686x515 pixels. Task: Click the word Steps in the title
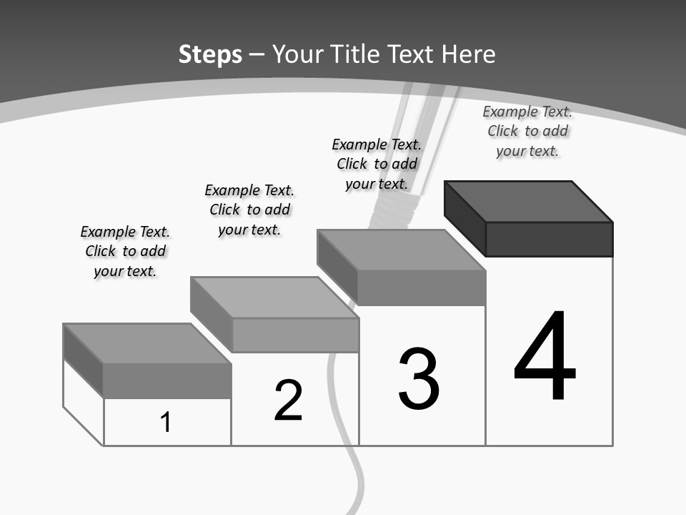click(210, 54)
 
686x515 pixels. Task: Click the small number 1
click(166, 422)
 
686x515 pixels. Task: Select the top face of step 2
click(274, 298)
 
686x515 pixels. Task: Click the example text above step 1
click(125, 251)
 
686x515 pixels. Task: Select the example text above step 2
click(249, 210)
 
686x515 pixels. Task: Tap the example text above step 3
click(377, 164)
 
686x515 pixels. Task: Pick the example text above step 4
click(527, 131)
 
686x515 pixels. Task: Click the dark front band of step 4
click(549, 239)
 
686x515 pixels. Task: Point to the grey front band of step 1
click(166, 381)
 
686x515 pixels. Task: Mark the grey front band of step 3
click(422, 288)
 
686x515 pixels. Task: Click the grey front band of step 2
click(295, 335)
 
